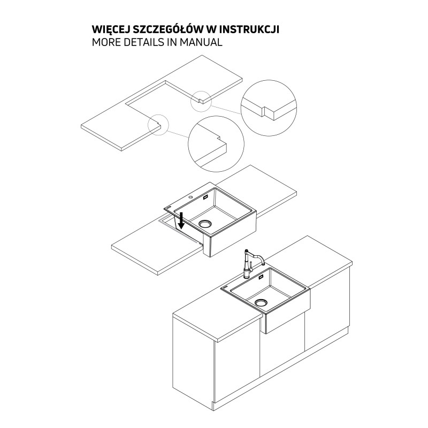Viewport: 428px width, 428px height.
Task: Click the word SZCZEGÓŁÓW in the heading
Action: point(165,29)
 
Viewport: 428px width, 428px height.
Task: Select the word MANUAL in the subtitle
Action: point(201,42)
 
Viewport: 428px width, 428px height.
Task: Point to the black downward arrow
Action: point(181,221)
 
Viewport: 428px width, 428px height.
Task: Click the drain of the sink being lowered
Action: point(205,224)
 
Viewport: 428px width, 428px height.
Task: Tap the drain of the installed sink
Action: point(261,302)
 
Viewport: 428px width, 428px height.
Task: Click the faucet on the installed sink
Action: point(252,263)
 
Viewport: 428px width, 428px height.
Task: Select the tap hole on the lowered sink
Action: point(190,197)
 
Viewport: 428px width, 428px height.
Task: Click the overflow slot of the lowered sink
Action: point(205,197)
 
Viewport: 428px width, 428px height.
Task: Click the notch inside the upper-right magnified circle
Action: point(264,111)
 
